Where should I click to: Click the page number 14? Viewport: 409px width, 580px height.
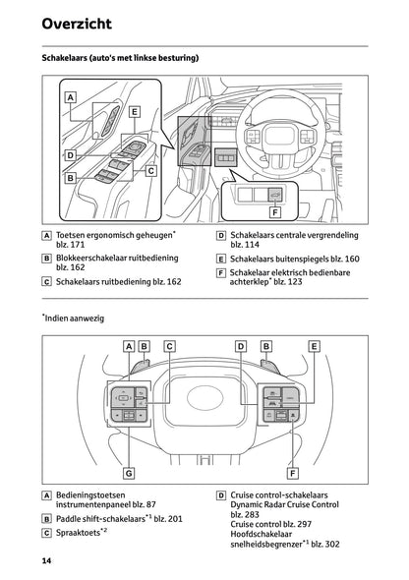pyautogui.click(x=46, y=560)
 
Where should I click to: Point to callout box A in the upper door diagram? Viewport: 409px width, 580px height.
pyautogui.click(x=71, y=97)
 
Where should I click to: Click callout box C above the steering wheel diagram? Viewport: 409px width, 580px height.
pyautogui.click(x=170, y=346)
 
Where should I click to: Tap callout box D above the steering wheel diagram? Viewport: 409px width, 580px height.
pyautogui.click(x=241, y=346)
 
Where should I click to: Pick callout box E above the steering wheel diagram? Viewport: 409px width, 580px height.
pyautogui.click(x=314, y=346)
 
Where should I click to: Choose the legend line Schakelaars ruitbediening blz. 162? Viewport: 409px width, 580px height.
pyautogui.click(x=118, y=281)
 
